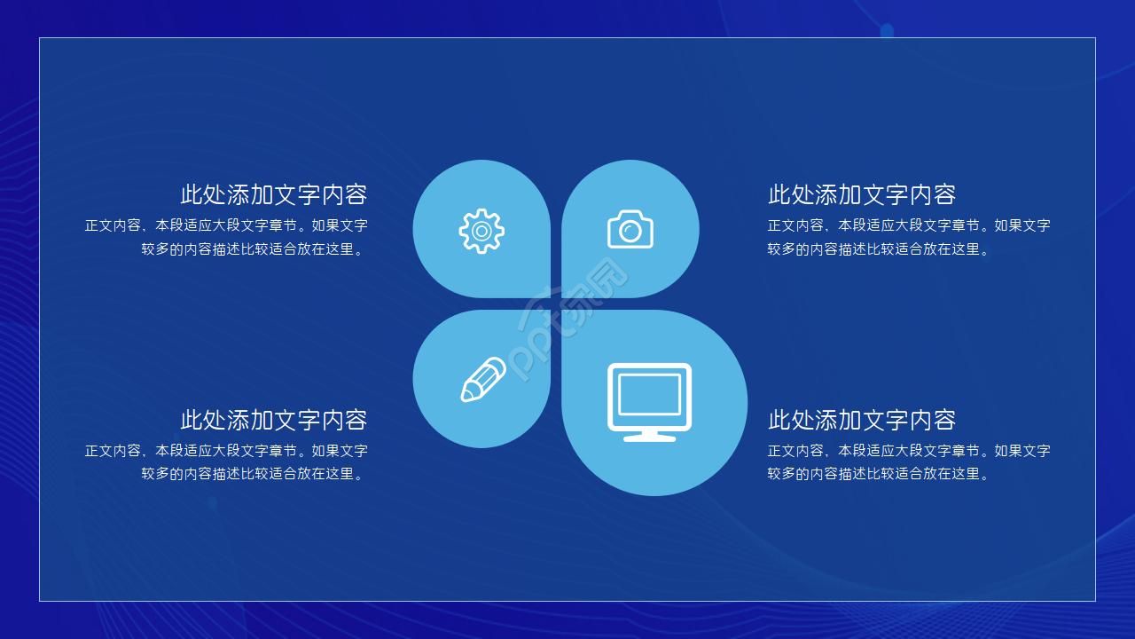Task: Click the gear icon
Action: coord(481,232)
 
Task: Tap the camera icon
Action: coord(630,230)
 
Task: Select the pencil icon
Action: coord(482,380)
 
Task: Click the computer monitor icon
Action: coord(649,401)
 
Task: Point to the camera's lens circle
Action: coord(630,233)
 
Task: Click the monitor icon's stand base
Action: coord(649,437)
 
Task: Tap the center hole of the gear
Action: coord(481,232)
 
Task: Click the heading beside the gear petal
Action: coord(273,194)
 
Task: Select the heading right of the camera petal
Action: coord(861,194)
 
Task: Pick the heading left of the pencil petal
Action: coord(273,419)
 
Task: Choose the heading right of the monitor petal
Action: coord(861,419)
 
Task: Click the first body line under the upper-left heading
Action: coord(226,225)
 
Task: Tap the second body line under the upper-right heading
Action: coord(878,249)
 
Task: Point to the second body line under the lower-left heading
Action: coord(254,474)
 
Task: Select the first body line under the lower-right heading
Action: coord(909,450)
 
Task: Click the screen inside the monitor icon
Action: coord(649,394)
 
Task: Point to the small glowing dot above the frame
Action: coord(887,31)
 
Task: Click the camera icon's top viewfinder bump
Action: coord(631,213)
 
